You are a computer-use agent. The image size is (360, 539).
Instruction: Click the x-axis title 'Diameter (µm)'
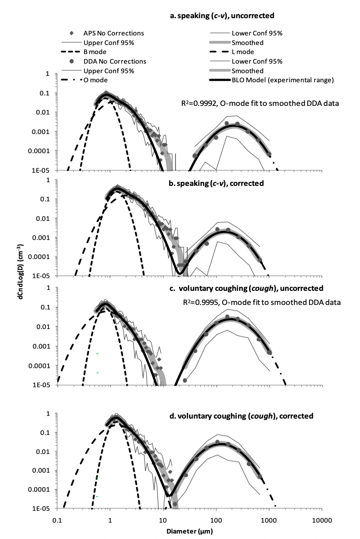coord(190,530)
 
